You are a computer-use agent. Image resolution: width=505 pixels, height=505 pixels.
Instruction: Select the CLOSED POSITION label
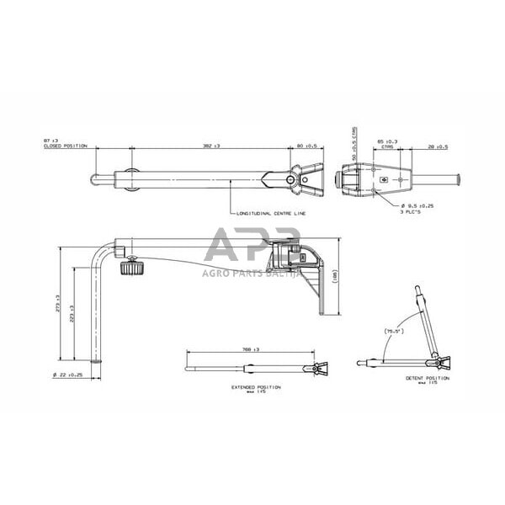click(66, 146)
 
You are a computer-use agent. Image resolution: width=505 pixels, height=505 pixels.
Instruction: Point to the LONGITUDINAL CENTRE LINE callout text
click(272, 215)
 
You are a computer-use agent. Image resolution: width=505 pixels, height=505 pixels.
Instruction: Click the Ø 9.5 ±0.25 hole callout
click(417, 205)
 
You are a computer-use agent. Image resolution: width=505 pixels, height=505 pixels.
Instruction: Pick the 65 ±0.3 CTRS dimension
click(387, 142)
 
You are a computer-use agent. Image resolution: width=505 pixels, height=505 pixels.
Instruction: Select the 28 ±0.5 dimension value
click(437, 146)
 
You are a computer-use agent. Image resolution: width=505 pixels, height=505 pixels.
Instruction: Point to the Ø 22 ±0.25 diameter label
click(68, 374)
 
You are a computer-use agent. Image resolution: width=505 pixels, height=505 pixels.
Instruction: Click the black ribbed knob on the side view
click(130, 268)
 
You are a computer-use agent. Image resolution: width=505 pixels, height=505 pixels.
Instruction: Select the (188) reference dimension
click(336, 274)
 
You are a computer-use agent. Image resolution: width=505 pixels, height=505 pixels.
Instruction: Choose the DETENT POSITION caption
click(428, 379)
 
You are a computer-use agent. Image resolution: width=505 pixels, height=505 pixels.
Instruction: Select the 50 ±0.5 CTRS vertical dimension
click(353, 142)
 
